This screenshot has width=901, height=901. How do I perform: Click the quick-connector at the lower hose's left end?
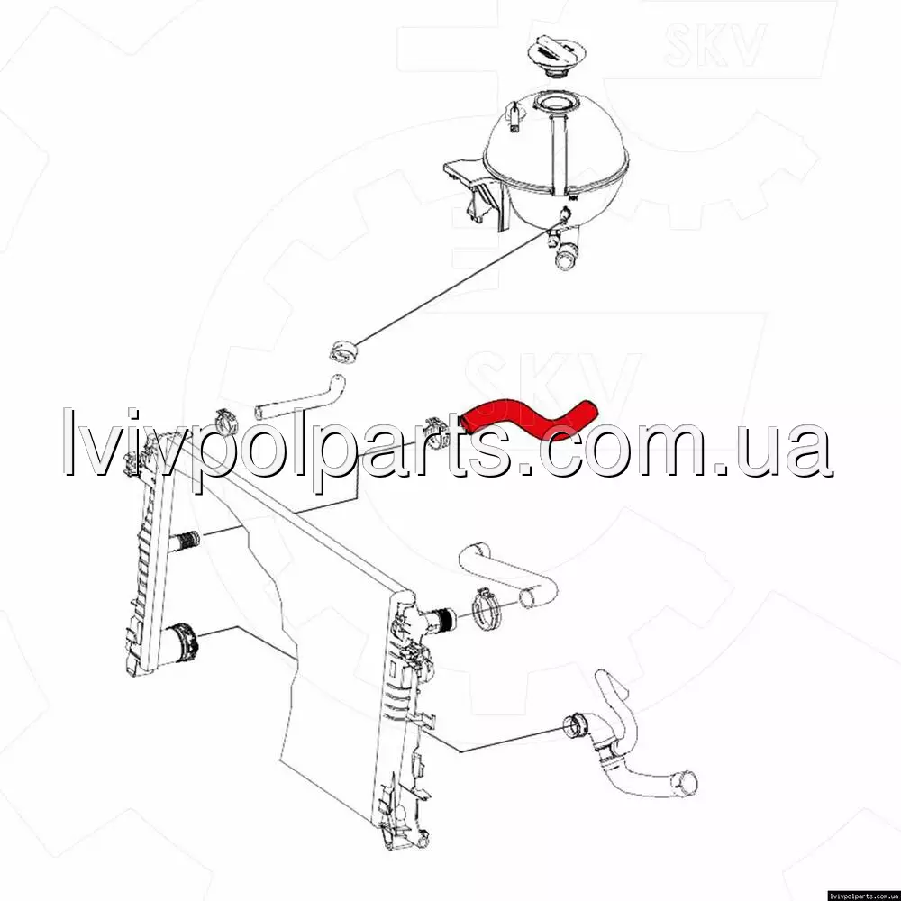(x=577, y=725)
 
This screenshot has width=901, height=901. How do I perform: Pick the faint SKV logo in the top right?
(x=714, y=43)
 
